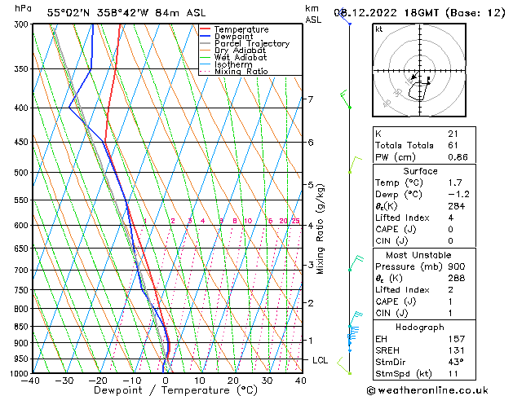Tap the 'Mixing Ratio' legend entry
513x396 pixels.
[241, 72]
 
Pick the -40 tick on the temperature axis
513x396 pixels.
[32, 381]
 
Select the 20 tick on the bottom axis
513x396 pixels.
[233, 381]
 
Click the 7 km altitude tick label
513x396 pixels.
[310, 99]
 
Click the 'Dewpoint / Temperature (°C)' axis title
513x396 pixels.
[166, 390]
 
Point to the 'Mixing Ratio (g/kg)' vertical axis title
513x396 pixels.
[321, 229]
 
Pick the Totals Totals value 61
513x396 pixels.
[453, 145]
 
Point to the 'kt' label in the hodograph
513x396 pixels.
[379, 29]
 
